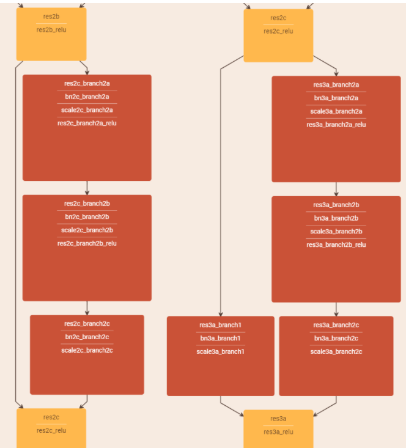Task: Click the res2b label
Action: [x=51, y=16]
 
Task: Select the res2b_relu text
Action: [x=51, y=29]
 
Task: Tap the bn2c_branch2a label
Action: [x=87, y=97]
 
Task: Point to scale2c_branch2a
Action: [x=87, y=110]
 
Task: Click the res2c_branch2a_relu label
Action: [x=87, y=123]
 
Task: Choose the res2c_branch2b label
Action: [x=87, y=204]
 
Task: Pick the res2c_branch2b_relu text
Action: [x=87, y=243]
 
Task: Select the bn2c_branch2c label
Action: [x=87, y=337]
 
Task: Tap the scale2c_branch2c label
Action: [x=87, y=350]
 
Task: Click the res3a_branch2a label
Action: [x=336, y=85]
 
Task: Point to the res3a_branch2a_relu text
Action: [x=336, y=125]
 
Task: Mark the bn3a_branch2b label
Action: [x=336, y=218]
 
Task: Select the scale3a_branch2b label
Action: [x=336, y=232]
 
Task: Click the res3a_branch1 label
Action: [x=221, y=325]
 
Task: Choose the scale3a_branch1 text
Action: [x=221, y=351]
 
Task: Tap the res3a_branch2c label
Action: [x=336, y=325]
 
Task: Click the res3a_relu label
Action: [x=278, y=431]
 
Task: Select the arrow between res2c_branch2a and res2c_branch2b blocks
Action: [x=87, y=188]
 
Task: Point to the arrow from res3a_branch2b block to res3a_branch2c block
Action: [x=336, y=309]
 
